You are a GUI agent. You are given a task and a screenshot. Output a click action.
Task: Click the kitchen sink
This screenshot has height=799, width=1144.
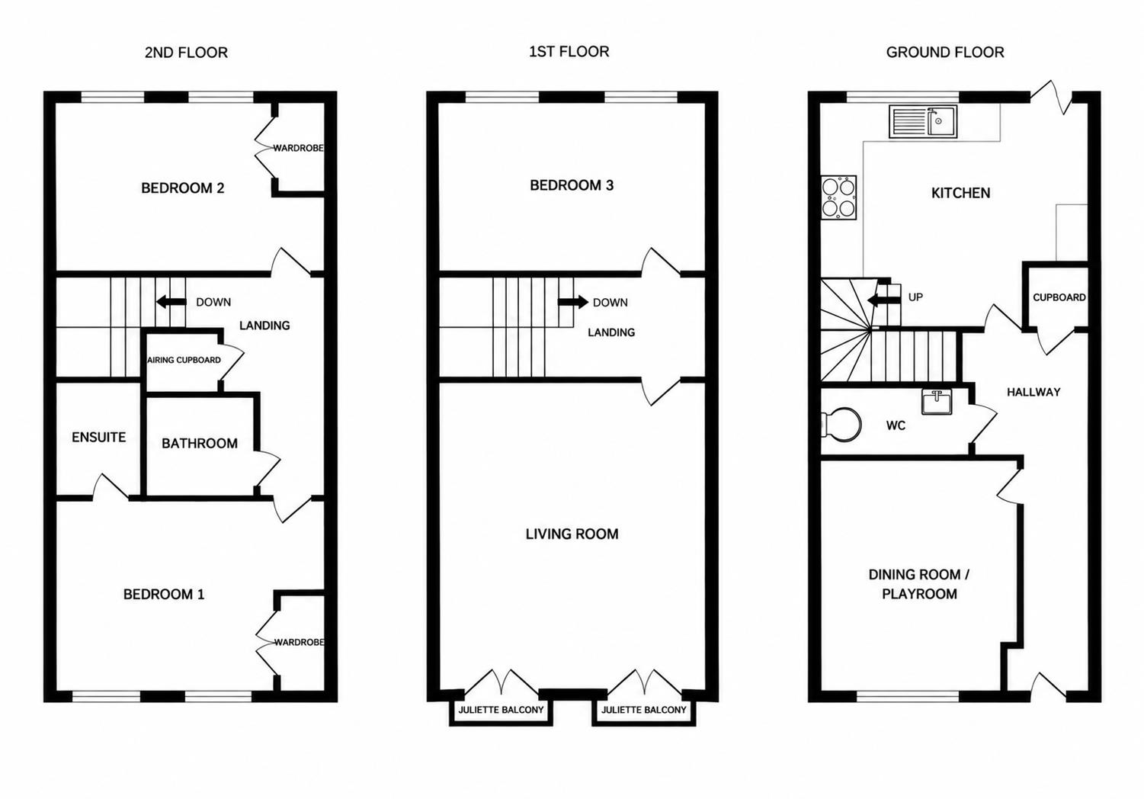click(x=924, y=121)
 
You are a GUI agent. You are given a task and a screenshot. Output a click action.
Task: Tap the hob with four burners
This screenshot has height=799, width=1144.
click(x=838, y=197)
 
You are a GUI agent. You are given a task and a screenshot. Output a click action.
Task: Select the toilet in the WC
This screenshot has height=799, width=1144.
click(x=841, y=423)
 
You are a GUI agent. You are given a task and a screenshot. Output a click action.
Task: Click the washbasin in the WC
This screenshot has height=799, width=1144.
click(x=937, y=402)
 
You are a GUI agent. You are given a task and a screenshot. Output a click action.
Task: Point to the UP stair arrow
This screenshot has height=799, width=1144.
click(x=884, y=301)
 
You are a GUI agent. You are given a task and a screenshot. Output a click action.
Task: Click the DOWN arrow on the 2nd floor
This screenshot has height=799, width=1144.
click(x=171, y=301)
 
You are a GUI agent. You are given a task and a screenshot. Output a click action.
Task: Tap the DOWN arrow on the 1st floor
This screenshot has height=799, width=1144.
click(x=572, y=301)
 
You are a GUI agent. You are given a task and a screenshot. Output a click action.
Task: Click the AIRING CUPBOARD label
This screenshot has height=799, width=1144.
click(x=184, y=360)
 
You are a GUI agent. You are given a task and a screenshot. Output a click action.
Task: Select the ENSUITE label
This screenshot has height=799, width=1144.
click(x=98, y=438)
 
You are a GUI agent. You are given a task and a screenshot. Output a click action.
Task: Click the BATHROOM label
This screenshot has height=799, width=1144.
click(x=200, y=444)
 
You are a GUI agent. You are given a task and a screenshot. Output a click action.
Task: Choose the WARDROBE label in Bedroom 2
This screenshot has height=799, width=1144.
click(x=298, y=148)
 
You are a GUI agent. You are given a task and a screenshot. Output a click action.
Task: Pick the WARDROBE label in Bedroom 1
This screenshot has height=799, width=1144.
click(x=300, y=642)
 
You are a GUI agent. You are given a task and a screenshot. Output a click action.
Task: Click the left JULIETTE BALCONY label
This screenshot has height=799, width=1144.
click(x=501, y=710)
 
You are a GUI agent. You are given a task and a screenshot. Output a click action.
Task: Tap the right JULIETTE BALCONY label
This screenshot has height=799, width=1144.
click(x=643, y=710)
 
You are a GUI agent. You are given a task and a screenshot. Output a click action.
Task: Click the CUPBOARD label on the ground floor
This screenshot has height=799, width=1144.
click(x=1059, y=297)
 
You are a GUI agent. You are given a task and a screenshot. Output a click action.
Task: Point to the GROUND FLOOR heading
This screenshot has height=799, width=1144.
click(x=945, y=52)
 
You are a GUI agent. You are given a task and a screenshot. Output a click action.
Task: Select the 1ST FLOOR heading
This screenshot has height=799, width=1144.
click(x=569, y=52)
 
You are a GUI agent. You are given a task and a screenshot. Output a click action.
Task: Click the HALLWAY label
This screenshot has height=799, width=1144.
click(x=1033, y=392)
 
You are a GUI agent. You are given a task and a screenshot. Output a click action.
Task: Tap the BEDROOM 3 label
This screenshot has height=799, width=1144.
click(x=572, y=185)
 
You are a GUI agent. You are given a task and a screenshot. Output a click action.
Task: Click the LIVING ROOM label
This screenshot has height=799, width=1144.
click(x=572, y=534)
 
